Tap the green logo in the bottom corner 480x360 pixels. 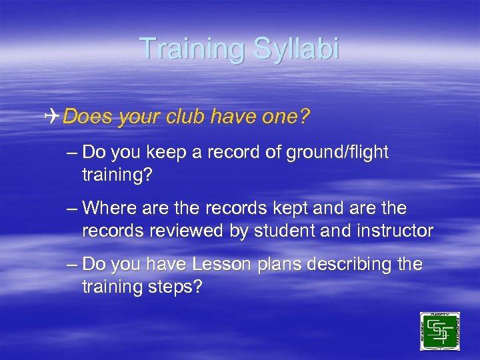click(x=439, y=331)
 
